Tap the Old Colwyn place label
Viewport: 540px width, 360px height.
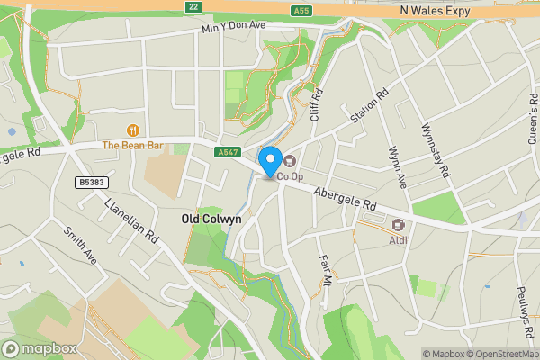tap(211, 219)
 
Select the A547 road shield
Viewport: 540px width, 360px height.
tap(228, 153)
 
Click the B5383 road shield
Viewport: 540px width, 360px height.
tap(89, 183)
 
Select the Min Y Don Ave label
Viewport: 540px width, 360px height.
tap(234, 27)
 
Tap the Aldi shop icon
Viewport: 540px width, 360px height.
tap(398, 225)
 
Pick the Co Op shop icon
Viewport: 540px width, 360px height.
tap(290, 161)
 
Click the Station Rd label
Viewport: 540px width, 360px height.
tap(369, 105)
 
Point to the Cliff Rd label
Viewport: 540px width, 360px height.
tap(316, 106)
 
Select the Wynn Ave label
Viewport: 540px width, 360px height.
tap(397, 167)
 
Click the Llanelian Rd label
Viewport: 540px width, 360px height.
tap(131, 222)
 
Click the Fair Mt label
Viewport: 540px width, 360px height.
tap(326, 270)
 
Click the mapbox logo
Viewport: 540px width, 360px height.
tap(39, 348)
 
